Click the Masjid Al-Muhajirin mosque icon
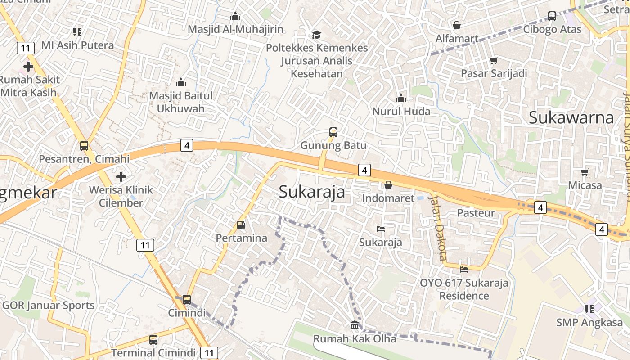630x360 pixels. point(235,17)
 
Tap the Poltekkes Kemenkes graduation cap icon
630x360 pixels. point(317,35)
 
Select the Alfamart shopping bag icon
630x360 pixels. point(457,25)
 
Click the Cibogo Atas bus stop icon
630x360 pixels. point(552,16)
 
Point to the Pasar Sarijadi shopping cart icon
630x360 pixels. point(494,60)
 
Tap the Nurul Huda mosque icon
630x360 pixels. point(401,98)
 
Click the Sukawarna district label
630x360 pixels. point(571,117)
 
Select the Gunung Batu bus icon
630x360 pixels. point(333,132)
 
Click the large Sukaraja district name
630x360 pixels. point(312,192)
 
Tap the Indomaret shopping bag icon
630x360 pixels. point(388,185)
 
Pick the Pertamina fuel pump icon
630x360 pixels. point(241,225)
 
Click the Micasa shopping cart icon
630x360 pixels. point(585,172)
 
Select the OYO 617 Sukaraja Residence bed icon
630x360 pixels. point(464,270)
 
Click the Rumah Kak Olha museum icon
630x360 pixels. point(355,325)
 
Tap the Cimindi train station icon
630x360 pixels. point(186,299)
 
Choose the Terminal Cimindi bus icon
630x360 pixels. point(153,339)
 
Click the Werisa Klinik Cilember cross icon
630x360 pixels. point(121,176)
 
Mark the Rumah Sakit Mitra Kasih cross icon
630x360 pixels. point(28,67)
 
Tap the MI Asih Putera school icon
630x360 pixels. point(77,32)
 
